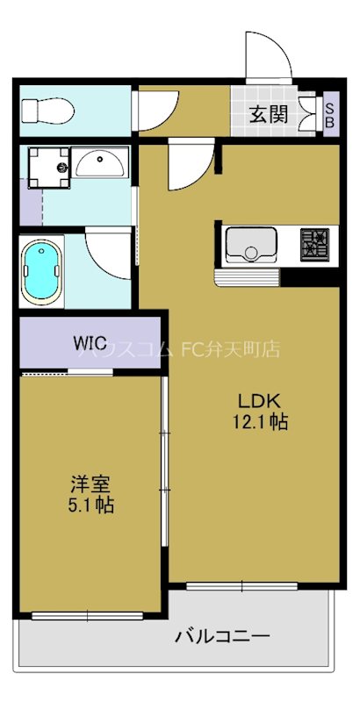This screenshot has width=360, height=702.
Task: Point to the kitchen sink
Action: [252, 244]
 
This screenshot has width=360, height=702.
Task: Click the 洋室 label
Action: [90, 484]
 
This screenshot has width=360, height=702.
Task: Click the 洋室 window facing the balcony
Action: [90, 614]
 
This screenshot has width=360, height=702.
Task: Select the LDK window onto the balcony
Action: [242, 584]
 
